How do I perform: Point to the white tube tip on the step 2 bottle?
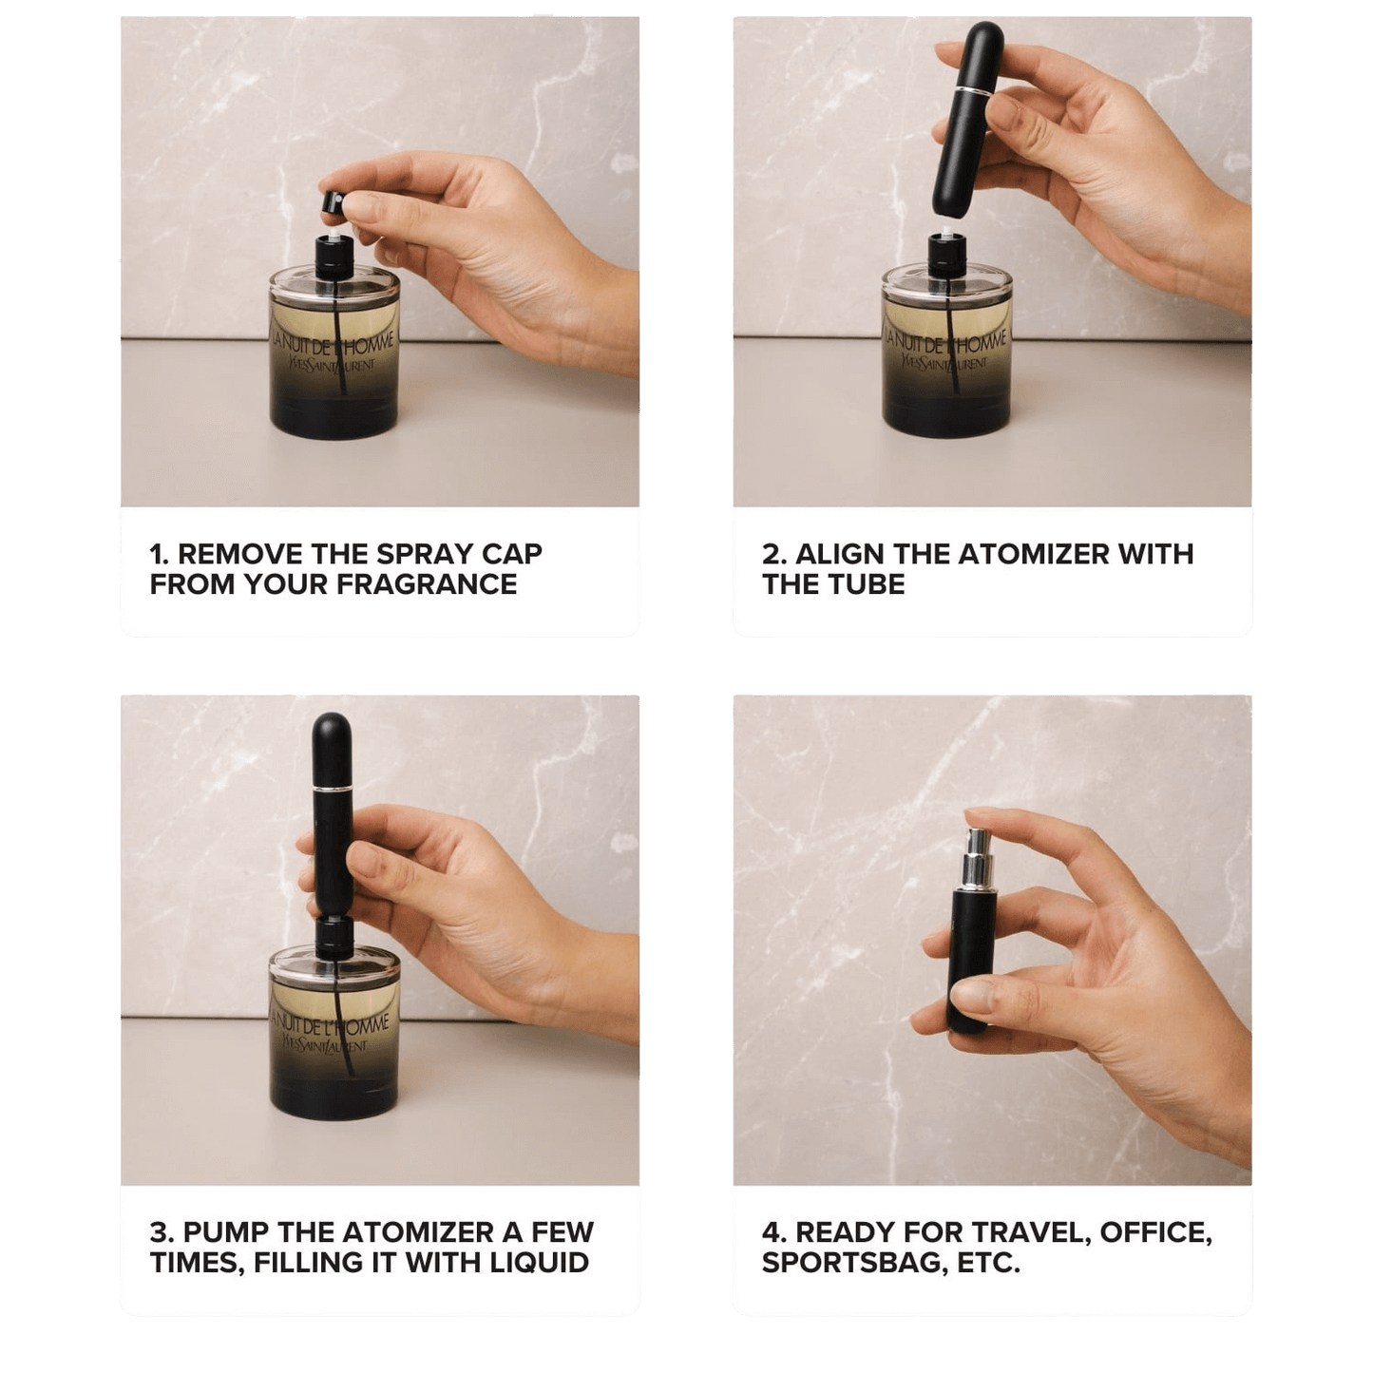coord(947,231)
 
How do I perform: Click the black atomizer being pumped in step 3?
coord(333,814)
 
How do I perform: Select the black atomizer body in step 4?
coord(970,960)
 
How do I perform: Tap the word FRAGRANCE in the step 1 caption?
coord(427,584)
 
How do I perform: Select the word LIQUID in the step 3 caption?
coord(540,1263)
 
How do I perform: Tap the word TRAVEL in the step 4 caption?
coord(1032,1232)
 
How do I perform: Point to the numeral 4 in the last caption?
coord(771,1232)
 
